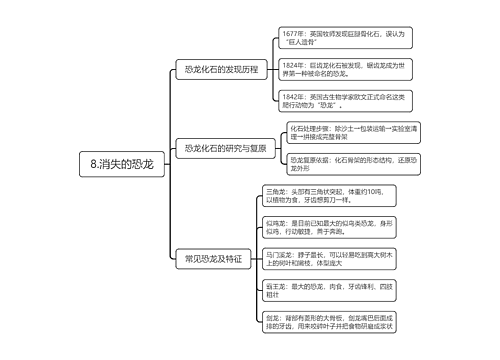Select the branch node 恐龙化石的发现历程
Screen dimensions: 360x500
(x=215, y=69)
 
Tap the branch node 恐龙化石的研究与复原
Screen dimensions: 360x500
(x=225, y=148)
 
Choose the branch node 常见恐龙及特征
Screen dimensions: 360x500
(x=213, y=258)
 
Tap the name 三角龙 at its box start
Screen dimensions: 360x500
(x=273, y=190)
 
